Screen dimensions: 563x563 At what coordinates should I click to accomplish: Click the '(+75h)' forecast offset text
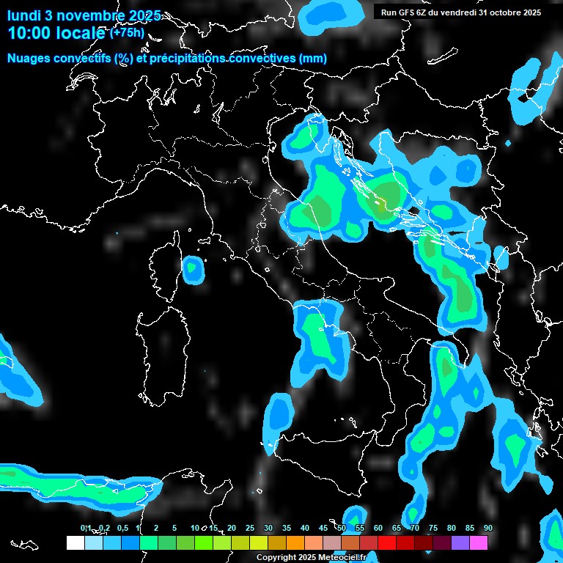click(127, 32)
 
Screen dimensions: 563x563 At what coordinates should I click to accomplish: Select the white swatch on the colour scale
click(75, 543)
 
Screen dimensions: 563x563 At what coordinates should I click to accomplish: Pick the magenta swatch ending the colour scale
click(479, 543)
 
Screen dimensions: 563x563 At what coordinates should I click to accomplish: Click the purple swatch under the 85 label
click(460, 543)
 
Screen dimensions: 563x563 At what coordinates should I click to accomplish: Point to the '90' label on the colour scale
click(488, 528)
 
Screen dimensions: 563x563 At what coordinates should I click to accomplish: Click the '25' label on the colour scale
click(250, 528)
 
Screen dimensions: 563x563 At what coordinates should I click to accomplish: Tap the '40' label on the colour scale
click(305, 528)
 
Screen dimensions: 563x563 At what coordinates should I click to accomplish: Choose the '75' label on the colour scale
click(433, 528)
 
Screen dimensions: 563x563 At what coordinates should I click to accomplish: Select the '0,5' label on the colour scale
click(122, 528)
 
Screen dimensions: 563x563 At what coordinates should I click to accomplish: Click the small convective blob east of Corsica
click(194, 270)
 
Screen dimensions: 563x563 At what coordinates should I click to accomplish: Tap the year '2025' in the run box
click(529, 12)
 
